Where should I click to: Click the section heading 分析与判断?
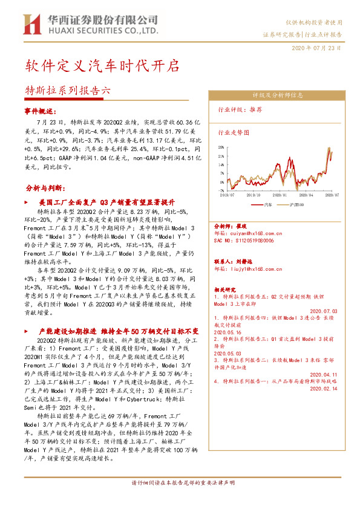click(44, 187)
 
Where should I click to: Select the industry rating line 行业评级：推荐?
click(240, 109)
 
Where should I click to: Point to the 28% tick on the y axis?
click(221, 147)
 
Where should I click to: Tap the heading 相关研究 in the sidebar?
click(225, 290)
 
